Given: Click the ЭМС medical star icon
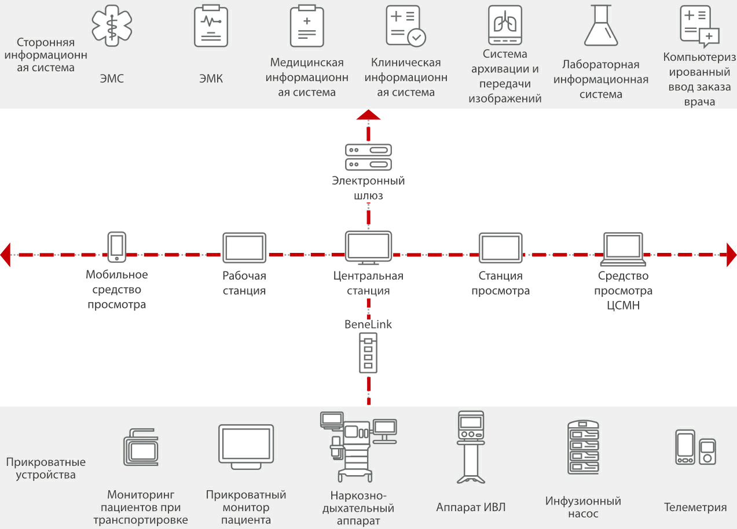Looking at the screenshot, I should (x=112, y=25).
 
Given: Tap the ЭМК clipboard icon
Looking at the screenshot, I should (x=211, y=25).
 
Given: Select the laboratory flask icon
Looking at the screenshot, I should (x=601, y=25).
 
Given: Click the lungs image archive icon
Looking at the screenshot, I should (x=505, y=25).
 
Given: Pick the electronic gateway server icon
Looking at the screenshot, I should (x=368, y=157).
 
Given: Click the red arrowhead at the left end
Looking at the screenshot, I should (x=6, y=255).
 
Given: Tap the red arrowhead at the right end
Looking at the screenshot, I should (x=731, y=255).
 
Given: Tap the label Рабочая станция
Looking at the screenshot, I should (x=244, y=283).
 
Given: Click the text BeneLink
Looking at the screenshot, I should (x=368, y=324).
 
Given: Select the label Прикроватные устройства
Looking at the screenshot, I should (x=46, y=469).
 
